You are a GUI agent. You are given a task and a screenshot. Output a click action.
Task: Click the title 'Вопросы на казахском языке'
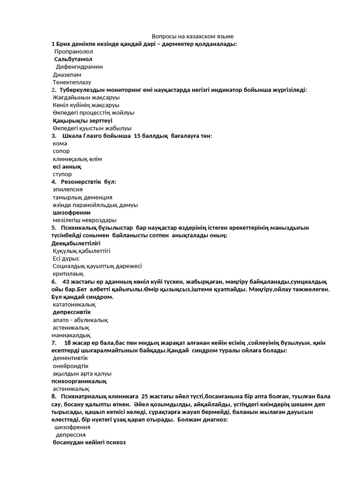(x=193, y=36)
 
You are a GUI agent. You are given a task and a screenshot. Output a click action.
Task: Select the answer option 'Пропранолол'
(x=74, y=52)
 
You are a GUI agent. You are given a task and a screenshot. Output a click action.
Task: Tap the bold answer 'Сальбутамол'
(x=73, y=59)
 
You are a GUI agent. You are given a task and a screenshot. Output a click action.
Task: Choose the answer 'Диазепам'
(x=67, y=75)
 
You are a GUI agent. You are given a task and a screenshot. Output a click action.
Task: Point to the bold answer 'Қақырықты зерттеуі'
(x=82, y=120)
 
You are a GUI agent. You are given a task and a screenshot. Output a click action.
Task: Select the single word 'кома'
(x=60, y=143)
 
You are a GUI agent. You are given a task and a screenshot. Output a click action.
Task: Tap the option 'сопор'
(x=61, y=151)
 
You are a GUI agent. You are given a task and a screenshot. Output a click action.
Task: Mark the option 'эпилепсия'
(x=67, y=189)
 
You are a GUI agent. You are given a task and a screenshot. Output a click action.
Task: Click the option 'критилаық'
(x=68, y=274)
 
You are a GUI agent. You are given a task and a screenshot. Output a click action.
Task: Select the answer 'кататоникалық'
(x=71, y=304)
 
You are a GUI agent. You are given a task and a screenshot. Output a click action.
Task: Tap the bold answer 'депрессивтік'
(x=72, y=312)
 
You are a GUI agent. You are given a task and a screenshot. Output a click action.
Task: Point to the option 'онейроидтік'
(x=70, y=366)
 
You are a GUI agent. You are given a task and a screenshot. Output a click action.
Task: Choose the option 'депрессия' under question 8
(x=71, y=435)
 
